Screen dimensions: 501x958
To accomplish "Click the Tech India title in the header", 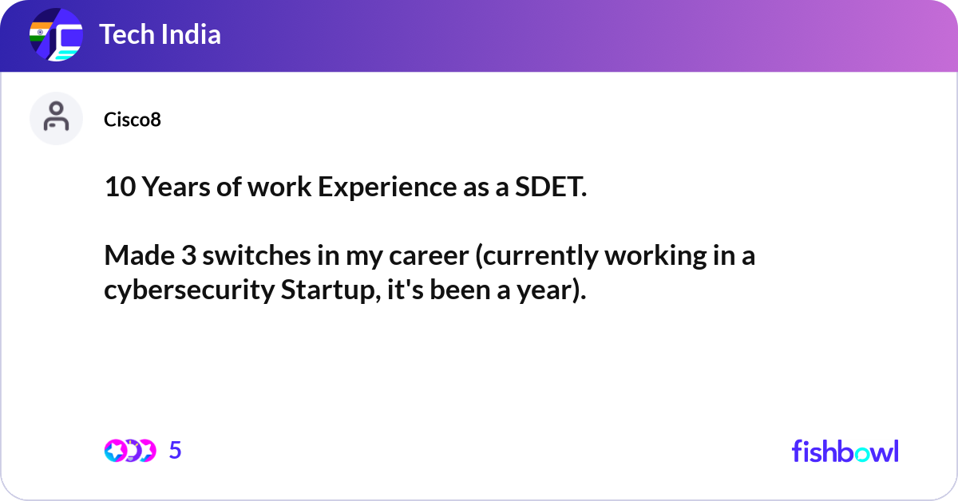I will pyautogui.click(x=160, y=35).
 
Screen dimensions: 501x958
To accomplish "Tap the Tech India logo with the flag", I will pyautogui.click(x=56, y=36).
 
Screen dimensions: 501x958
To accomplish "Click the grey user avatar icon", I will pyautogui.click(x=56, y=118).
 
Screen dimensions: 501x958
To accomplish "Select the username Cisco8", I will pyautogui.click(x=133, y=120).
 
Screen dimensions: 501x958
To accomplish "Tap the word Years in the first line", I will pyautogui.click(x=175, y=187).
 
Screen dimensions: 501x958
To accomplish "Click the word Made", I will pyautogui.click(x=139, y=256).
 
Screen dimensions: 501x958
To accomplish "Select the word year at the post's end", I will pyautogui.click(x=552, y=290).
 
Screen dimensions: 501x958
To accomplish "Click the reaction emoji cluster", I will pyautogui.click(x=129, y=451).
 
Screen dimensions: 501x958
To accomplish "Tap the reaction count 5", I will pyautogui.click(x=176, y=451).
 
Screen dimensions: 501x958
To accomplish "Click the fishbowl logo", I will pyautogui.click(x=845, y=452).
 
